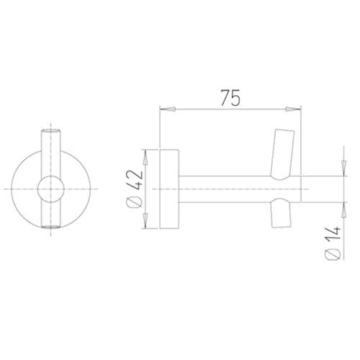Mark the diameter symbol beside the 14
coord(332,253)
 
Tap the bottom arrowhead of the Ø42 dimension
coord(145,221)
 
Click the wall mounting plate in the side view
coord(170,189)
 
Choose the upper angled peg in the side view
coord(282,153)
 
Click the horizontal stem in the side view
coord(223,189)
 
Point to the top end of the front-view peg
coord(50,132)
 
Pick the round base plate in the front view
coord(25,189)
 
